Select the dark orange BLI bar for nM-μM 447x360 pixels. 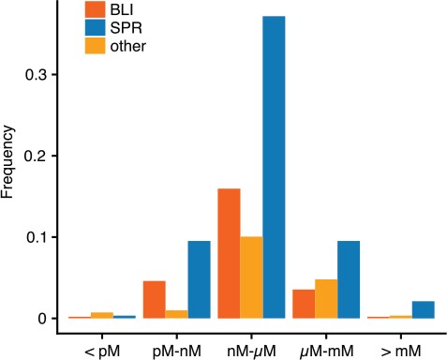coord(229,253)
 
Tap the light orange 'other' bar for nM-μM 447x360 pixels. coord(251,277)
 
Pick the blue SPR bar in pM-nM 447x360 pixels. coord(199,279)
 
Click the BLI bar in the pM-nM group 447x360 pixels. coord(154,299)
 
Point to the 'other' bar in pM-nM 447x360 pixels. coord(176,314)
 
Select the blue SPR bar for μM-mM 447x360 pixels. coord(349,279)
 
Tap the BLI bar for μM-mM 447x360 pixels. coord(304,304)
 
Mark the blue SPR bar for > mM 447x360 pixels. coord(424,309)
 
